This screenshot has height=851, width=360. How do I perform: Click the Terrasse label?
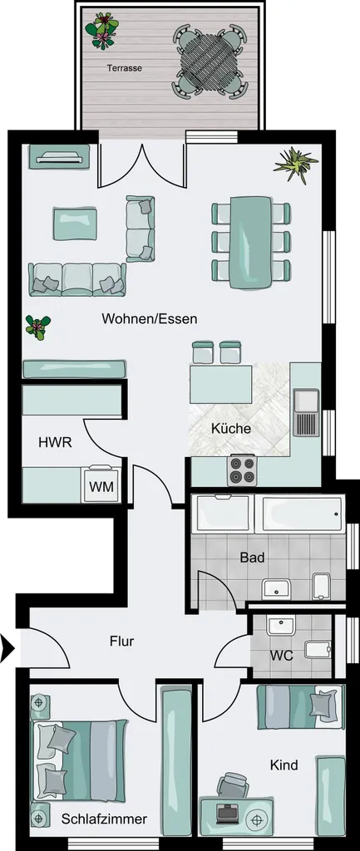pyautogui.click(x=125, y=68)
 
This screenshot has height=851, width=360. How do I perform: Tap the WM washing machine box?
pyautogui.click(x=101, y=485)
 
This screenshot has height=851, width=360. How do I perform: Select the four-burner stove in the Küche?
pyautogui.click(x=242, y=470)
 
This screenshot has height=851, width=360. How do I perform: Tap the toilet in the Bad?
pyautogui.click(x=322, y=586)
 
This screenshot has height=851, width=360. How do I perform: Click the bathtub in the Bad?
pyautogui.click(x=303, y=513)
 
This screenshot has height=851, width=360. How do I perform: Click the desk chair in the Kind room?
pyautogui.click(x=233, y=785)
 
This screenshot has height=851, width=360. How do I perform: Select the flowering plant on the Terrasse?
pyautogui.click(x=101, y=30)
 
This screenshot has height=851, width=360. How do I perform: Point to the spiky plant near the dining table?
pyautogui.click(x=295, y=164)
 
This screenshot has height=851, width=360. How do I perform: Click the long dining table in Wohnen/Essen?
pyautogui.click(x=250, y=242)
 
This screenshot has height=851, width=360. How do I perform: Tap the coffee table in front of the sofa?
pyautogui.click(x=76, y=223)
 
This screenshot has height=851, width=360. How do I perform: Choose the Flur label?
pyautogui.click(x=121, y=641)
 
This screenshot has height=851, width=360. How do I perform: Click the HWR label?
pyautogui.click(x=56, y=442)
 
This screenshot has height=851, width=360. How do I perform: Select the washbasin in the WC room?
pyautogui.click(x=280, y=626)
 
